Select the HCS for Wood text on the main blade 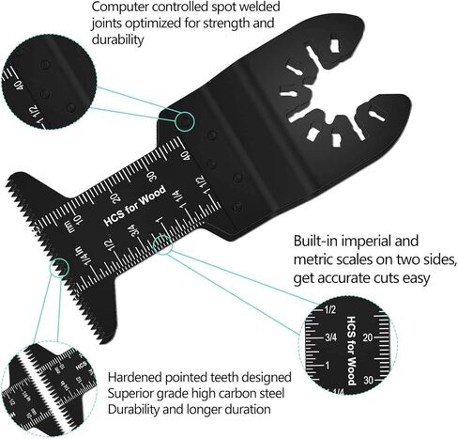point(135,206)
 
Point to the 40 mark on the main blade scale point(187,156)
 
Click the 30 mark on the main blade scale point(153,177)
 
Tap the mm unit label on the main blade point(71,227)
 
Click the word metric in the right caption point(317,259)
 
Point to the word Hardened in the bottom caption point(135,377)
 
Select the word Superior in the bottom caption point(130,394)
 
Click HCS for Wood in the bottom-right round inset point(351,351)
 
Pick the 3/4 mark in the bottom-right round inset point(330,337)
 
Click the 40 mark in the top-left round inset point(19,86)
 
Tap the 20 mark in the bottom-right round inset point(368,337)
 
